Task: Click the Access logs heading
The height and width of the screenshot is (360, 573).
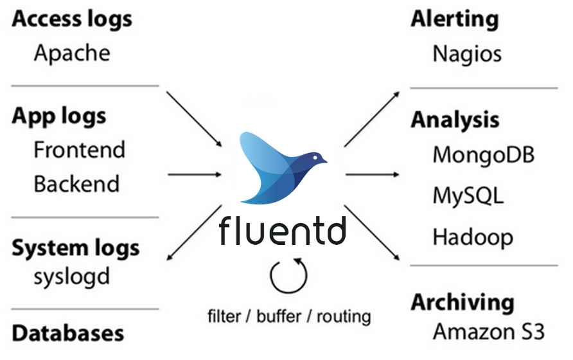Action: (72, 19)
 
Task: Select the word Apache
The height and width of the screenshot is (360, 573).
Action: (72, 53)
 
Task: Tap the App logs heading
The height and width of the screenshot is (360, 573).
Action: (59, 116)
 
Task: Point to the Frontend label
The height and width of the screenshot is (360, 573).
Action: (79, 150)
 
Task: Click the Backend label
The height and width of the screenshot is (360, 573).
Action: (76, 184)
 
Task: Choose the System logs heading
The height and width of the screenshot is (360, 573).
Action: (75, 248)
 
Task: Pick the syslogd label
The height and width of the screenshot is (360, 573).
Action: (71, 276)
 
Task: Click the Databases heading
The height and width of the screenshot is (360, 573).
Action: (68, 333)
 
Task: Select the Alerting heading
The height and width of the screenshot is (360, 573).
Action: (454, 19)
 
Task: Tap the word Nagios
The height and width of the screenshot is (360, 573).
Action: (467, 53)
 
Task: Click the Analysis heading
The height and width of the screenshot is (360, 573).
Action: (455, 120)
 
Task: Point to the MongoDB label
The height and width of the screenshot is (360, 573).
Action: (484, 155)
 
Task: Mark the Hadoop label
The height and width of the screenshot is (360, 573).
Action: (473, 237)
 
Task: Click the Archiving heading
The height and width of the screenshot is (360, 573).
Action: (463, 302)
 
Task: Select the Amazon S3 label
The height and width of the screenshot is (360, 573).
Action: (488, 332)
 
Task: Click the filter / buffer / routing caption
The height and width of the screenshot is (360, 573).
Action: (289, 316)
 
